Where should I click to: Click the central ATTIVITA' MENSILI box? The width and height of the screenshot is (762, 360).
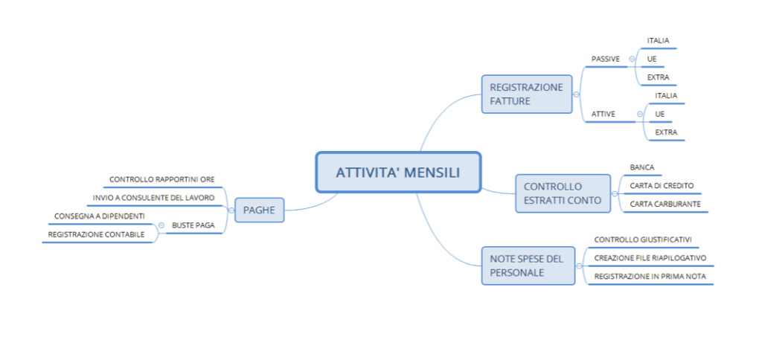click(x=399, y=173)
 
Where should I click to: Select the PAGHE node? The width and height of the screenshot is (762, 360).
click(x=260, y=210)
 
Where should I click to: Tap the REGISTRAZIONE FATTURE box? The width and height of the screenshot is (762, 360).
click(x=527, y=94)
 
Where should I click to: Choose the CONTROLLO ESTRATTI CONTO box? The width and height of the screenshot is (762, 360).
click(x=563, y=193)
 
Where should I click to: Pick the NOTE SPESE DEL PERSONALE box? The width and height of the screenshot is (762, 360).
click(x=528, y=266)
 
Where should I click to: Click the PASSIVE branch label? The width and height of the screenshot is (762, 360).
click(x=606, y=59)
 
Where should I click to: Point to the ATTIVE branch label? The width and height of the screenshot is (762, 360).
click(x=603, y=114)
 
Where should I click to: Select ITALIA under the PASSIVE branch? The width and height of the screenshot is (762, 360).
click(x=658, y=40)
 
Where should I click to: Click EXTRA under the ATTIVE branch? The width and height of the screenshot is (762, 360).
click(x=666, y=132)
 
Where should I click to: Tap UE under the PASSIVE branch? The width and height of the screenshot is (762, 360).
click(x=652, y=59)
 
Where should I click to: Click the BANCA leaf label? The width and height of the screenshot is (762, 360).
click(x=642, y=167)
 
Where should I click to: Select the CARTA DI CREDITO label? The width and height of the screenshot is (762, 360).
click(x=662, y=186)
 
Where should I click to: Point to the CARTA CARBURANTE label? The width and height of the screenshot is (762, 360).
click(x=665, y=204)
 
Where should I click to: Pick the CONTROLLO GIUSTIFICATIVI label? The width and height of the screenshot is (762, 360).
click(x=644, y=239)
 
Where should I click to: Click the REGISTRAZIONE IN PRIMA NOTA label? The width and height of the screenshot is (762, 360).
click(x=650, y=276)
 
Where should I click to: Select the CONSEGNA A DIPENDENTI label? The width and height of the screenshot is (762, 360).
click(x=100, y=216)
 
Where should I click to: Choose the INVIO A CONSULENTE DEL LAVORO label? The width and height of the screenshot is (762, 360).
click(x=153, y=198)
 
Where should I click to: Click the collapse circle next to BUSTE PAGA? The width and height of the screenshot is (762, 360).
click(x=161, y=225)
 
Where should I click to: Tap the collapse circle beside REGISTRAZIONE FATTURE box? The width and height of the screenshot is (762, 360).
click(x=577, y=94)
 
